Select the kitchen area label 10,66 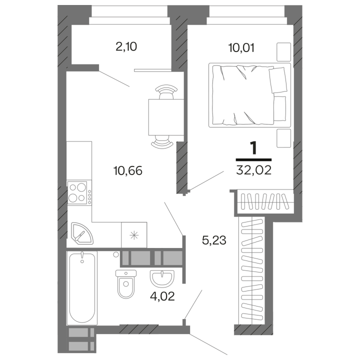[128, 171]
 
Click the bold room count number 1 [253, 148]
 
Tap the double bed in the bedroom [249, 94]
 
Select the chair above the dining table [165, 91]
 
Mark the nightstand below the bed [283, 137]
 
